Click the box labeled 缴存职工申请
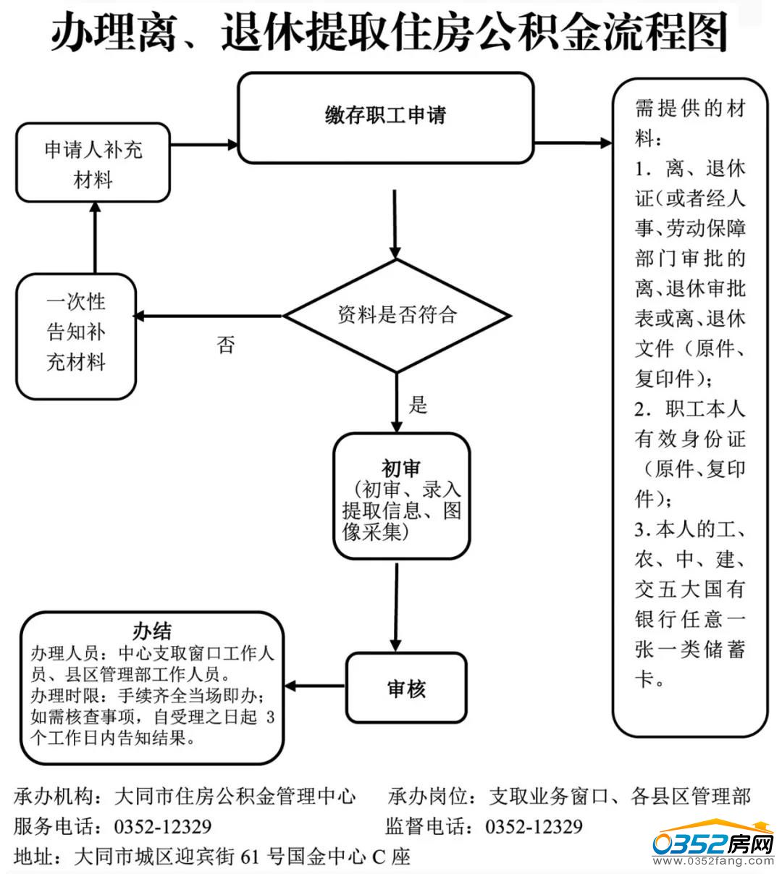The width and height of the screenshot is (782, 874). (385, 117)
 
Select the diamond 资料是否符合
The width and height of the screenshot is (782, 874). (397, 316)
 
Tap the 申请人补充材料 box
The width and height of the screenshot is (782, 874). (93, 164)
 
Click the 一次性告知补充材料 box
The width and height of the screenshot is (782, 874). (76, 335)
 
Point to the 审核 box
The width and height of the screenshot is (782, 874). (405, 689)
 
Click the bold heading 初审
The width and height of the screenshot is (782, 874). (400, 468)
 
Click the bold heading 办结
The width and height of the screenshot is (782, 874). (152, 630)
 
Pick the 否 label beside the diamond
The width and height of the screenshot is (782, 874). (226, 345)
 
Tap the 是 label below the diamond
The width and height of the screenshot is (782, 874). (419, 404)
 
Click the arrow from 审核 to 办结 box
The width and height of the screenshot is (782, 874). (315, 686)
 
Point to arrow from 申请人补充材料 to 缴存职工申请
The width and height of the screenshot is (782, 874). (203, 145)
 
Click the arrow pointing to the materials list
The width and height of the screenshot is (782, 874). (573, 143)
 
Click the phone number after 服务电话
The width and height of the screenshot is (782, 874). (163, 827)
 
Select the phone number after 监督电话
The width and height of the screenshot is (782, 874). (534, 827)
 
